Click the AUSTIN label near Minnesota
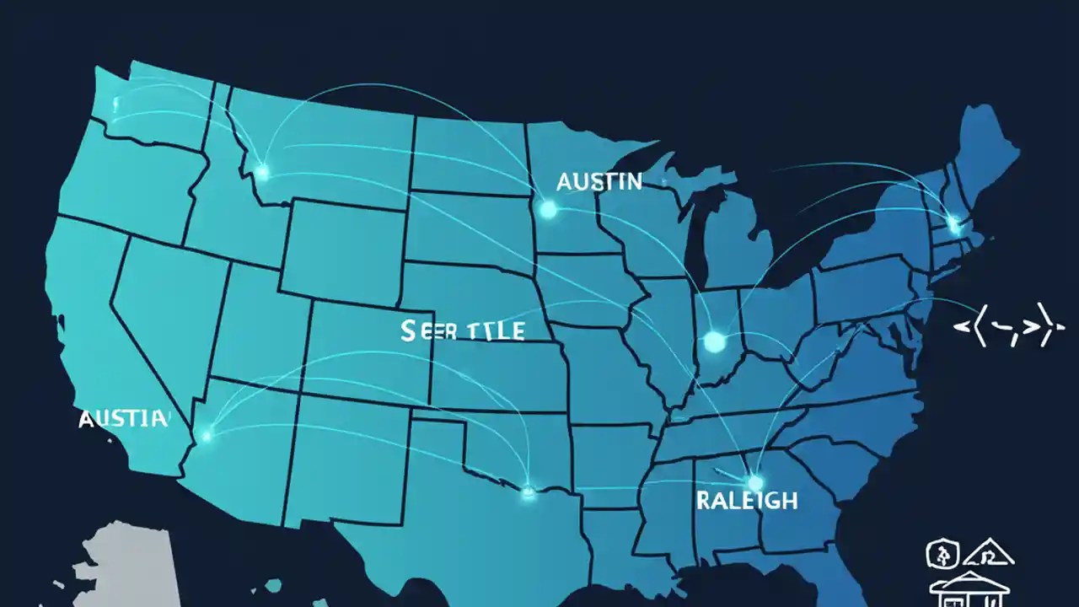pos(599,181)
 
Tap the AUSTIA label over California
pos(123,418)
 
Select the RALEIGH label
pos(747,500)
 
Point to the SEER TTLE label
pos(463,330)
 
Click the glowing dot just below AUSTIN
pos(548,209)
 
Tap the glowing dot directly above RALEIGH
pos(754,482)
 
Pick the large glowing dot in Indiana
pos(714,341)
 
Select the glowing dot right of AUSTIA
pos(207,436)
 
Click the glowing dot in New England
pos(954,223)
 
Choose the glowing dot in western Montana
pos(262,173)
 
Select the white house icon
pos(969,587)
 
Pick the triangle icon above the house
pos(990,554)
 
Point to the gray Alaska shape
pos(126,561)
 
